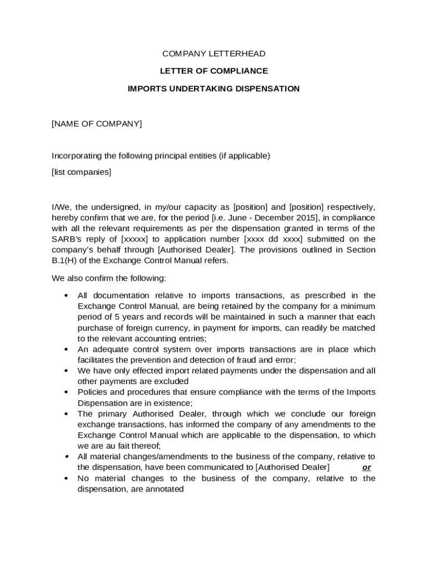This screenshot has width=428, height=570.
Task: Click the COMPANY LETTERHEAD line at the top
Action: pyautogui.click(x=213, y=54)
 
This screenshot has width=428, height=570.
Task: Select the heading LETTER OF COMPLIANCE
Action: pyautogui.click(x=213, y=71)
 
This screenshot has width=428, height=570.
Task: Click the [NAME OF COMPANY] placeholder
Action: pyautogui.click(x=97, y=124)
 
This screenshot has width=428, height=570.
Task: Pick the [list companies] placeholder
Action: pyautogui.click(x=81, y=172)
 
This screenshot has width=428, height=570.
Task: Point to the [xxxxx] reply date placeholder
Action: pyautogui.click(x=135, y=239)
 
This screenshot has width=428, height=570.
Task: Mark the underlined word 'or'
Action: pyautogui.click(x=366, y=468)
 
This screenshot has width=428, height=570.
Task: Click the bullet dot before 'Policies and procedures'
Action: pyautogui.click(x=66, y=392)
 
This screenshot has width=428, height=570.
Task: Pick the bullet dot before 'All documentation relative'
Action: pyautogui.click(x=66, y=296)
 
